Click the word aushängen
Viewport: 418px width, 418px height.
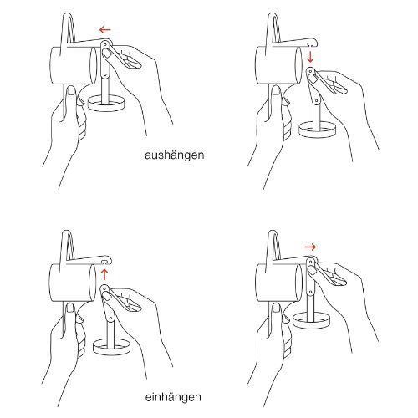click(x=175, y=155)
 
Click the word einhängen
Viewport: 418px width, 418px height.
click(x=173, y=397)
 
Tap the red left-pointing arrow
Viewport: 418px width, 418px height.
click(x=105, y=29)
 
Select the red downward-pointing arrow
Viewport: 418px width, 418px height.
click(x=310, y=56)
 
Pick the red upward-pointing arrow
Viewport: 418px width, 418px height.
click(x=104, y=274)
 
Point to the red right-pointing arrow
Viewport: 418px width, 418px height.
click(x=310, y=247)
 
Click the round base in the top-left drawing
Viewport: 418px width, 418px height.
click(x=106, y=104)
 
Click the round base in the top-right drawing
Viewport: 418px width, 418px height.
click(x=318, y=130)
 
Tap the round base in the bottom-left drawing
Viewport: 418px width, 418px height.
click(x=111, y=346)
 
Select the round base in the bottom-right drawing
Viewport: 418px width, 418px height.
click(x=312, y=320)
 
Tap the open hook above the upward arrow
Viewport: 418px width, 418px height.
click(x=106, y=260)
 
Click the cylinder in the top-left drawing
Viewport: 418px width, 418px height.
click(x=74, y=65)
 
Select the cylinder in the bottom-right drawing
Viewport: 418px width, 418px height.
click(x=279, y=283)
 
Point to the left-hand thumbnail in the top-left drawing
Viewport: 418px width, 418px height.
click(x=71, y=90)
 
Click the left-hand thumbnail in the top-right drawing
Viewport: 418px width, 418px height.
click(x=277, y=90)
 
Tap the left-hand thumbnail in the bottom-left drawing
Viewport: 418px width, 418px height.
click(x=71, y=308)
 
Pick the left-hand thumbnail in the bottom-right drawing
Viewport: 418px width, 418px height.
click(x=277, y=308)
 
